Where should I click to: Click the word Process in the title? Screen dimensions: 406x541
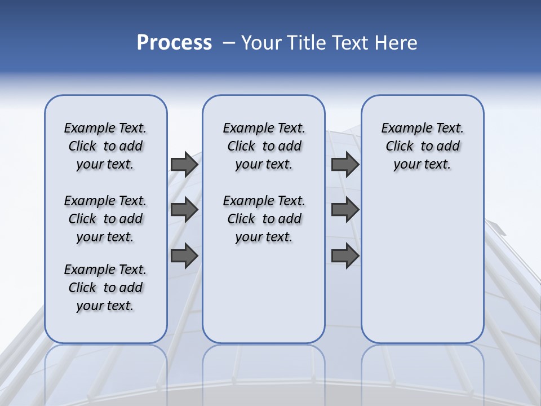pyautogui.click(x=174, y=42)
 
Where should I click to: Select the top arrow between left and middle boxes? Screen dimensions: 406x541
pyautogui.click(x=184, y=164)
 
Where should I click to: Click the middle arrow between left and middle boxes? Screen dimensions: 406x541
pyautogui.click(x=184, y=210)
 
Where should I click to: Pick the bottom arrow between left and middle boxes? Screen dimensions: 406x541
pyautogui.click(x=184, y=255)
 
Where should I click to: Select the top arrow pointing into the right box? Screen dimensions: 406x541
pyautogui.click(x=345, y=164)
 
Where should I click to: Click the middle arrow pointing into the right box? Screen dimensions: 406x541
pyautogui.click(x=345, y=210)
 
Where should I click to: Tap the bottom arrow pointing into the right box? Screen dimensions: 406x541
pyautogui.click(x=345, y=255)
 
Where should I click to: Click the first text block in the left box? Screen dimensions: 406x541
pyautogui.click(x=105, y=146)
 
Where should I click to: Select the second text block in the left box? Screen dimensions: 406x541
pyautogui.click(x=105, y=219)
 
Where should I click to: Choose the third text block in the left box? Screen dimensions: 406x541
pyautogui.click(x=105, y=288)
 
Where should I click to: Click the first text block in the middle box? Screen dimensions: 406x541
pyautogui.click(x=264, y=146)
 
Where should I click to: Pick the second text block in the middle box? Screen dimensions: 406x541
pyautogui.click(x=264, y=219)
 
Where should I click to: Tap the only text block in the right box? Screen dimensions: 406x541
pyautogui.click(x=422, y=146)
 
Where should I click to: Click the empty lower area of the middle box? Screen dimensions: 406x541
pyautogui.click(x=264, y=293)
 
